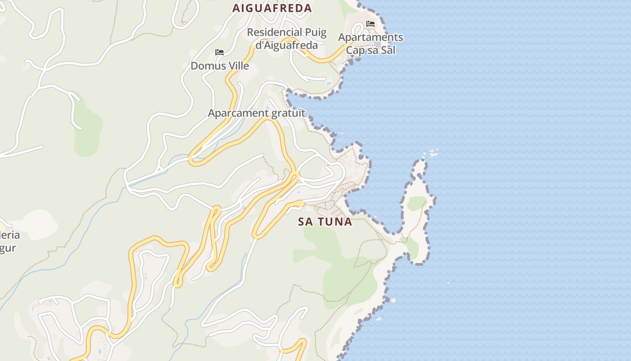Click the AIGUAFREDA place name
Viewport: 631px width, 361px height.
tap(272, 8)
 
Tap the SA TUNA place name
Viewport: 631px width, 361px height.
tap(325, 222)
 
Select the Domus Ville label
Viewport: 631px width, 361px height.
tap(219, 66)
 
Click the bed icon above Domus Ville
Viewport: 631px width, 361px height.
tap(219, 53)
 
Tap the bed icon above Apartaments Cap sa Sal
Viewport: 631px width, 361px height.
tap(370, 24)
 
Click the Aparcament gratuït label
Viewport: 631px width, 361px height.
tap(256, 113)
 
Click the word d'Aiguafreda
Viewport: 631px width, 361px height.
tap(287, 45)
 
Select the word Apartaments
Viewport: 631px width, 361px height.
tap(370, 37)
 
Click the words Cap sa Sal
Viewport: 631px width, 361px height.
tap(370, 50)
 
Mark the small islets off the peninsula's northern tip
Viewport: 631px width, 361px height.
tap(434, 153)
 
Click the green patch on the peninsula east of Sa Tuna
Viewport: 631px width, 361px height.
tap(416, 203)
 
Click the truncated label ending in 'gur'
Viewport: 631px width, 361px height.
tap(8, 248)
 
